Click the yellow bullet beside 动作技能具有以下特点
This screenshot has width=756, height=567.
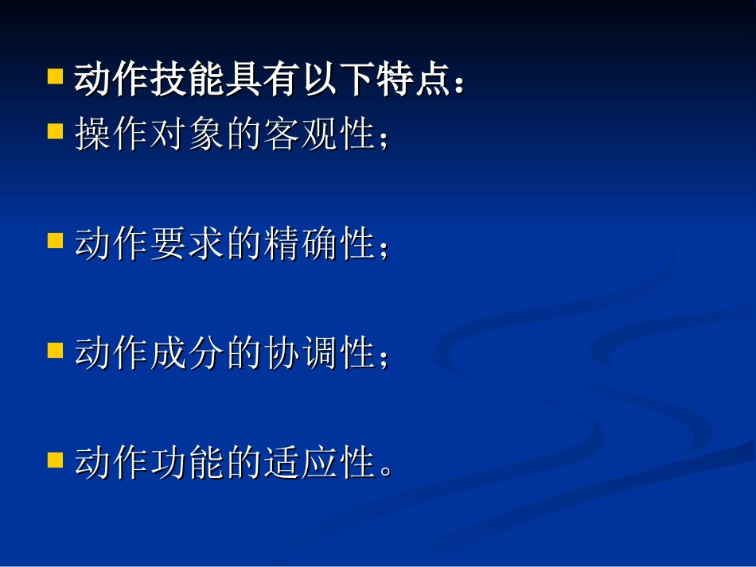click(55, 77)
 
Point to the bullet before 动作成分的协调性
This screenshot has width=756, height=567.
click(55, 349)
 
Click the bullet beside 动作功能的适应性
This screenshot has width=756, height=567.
click(55, 459)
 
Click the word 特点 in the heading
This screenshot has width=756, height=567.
click(411, 81)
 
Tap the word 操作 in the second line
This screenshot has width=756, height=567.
click(111, 134)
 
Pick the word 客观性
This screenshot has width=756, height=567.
click(318, 134)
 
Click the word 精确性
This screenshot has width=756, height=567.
click(318, 244)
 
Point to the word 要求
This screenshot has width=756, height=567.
click(186, 244)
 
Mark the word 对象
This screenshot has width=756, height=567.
click(186, 134)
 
